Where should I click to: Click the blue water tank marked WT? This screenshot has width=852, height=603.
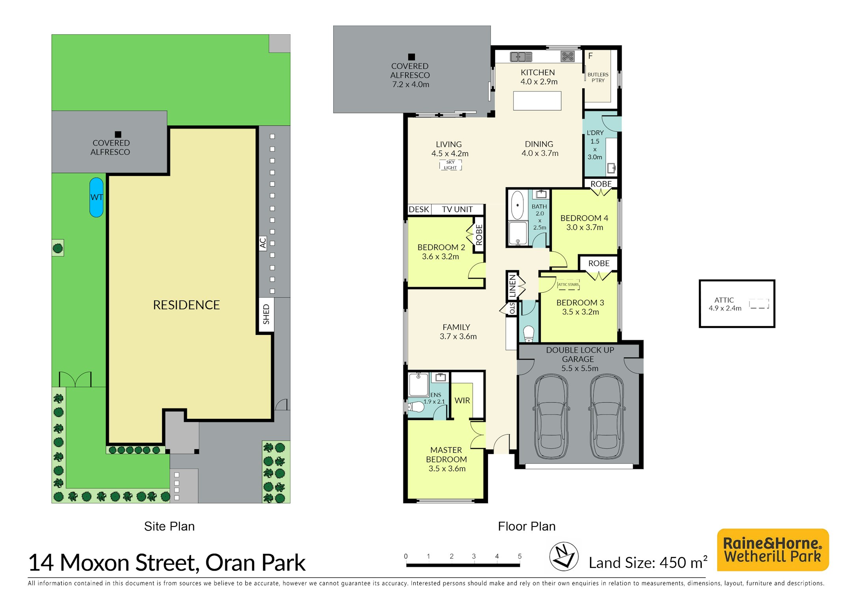pyautogui.click(x=97, y=197)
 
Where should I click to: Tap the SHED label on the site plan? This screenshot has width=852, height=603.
pyautogui.click(x=266, y=314)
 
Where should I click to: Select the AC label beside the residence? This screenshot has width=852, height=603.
pyautogui.click(x=263, y=243)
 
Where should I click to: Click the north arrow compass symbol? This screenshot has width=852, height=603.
pyautogui.click(x=564, y=556)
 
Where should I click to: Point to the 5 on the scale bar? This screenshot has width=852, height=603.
pyautogui.click(x=519, y=556)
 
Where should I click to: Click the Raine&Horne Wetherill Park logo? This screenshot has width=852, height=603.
pyautogui.click(x=773, y=550)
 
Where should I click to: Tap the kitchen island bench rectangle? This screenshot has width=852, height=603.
pyautogui.click(x=537, y=101)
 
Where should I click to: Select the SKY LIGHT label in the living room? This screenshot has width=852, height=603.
pyautogui.click(x=450, y=165)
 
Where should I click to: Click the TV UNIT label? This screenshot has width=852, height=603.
pyautogui.click(x=457, y=209)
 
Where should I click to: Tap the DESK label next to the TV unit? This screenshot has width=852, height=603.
pyautogui.click(x=419, y=209)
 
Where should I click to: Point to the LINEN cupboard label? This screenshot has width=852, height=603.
pyautogui.click(x=512, y=286)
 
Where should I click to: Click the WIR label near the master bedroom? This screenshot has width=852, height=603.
pyautogui.click(x=462, y=401)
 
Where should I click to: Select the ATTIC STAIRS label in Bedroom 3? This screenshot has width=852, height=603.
pyautogui.click(x=568, y=284)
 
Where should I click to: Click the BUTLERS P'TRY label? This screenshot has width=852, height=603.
pyautogui.click(x=598, y=77)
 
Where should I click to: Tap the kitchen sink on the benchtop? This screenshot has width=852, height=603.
pyautogui.click(x=521, y=57)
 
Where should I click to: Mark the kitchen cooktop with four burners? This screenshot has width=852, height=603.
pyautogui.click(x=568, y=57)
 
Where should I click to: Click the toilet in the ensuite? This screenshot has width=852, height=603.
pyautogui.click(x=415, y=407)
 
